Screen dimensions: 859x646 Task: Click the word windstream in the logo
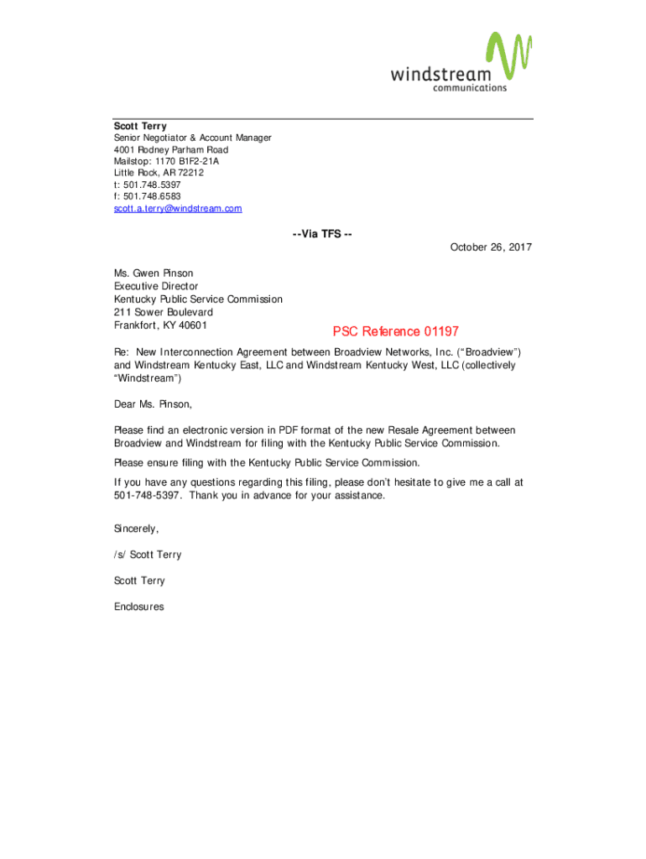440,74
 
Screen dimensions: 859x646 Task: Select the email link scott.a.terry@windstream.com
178,208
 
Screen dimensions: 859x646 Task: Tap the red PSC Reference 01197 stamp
396,331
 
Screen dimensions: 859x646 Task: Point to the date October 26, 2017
491,247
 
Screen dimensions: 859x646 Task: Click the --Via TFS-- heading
322,234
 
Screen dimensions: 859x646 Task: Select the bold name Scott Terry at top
140,127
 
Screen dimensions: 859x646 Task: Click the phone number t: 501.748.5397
148,185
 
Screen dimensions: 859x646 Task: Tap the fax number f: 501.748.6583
148,196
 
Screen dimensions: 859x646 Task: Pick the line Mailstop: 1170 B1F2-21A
166,161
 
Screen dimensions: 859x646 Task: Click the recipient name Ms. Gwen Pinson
154,273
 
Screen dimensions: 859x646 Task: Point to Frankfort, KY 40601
161,325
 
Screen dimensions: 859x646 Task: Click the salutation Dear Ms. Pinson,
154,404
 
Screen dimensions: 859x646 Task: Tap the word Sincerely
136,528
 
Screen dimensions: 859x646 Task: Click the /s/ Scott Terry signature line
148,554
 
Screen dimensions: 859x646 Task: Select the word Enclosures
139,607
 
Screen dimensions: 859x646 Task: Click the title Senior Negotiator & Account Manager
193,138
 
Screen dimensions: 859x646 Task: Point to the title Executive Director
156,286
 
